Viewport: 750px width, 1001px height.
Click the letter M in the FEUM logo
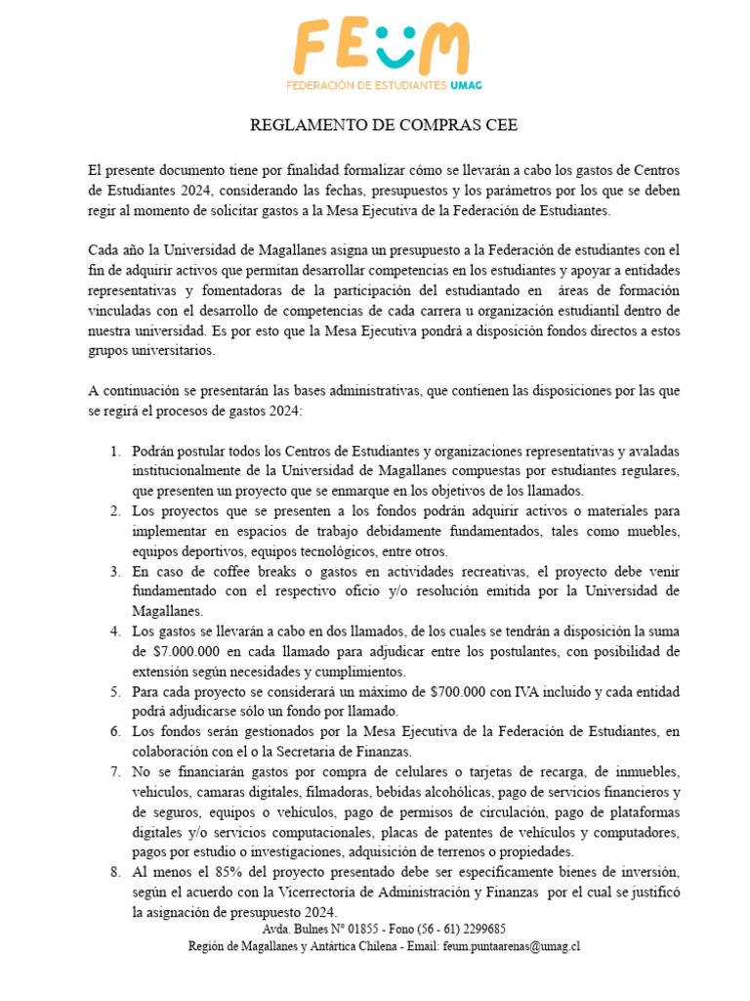[442, 46]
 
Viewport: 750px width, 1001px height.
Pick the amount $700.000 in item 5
[468, 692]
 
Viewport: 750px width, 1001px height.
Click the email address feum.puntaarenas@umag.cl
[511, 946]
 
